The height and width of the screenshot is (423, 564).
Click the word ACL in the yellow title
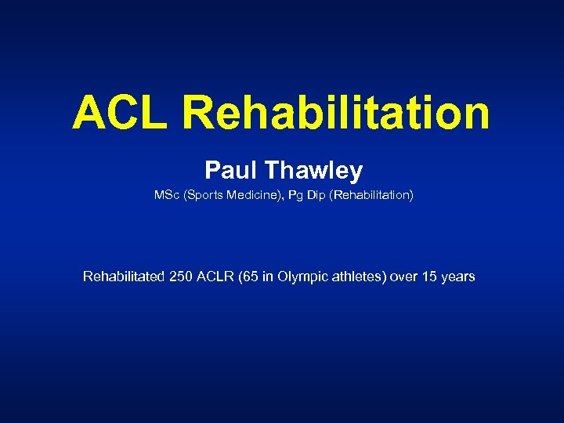point(121,113)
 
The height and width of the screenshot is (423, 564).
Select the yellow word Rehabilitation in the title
point(336,113)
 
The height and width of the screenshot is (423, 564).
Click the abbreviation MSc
point(167,195)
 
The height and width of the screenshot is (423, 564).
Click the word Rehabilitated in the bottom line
point(123,277)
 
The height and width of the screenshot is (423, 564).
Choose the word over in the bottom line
point(405,277)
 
